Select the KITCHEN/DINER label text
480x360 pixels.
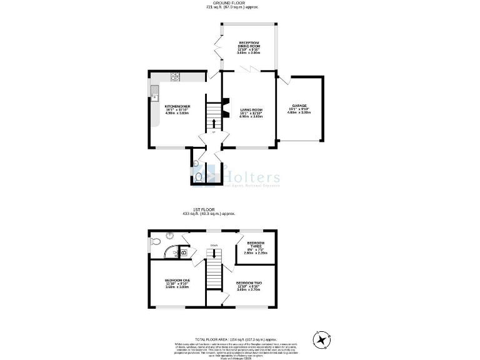pyautogui.click(x=177, y=106)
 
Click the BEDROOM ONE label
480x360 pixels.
pyautogui.click(x=176, y=279)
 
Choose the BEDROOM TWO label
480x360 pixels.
pyautogui.click(x=248, y=283)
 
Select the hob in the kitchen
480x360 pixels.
pyautogui.click(x=175, y=77)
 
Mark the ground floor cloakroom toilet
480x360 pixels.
pyautogui.click(x=198, y=177)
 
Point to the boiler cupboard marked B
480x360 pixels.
pyautogui.click(x=183, y=252)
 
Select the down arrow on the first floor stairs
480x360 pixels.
pyautogui.click(x=214, y=253)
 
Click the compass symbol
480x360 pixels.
pyautogui.click(x=322, y=340)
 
